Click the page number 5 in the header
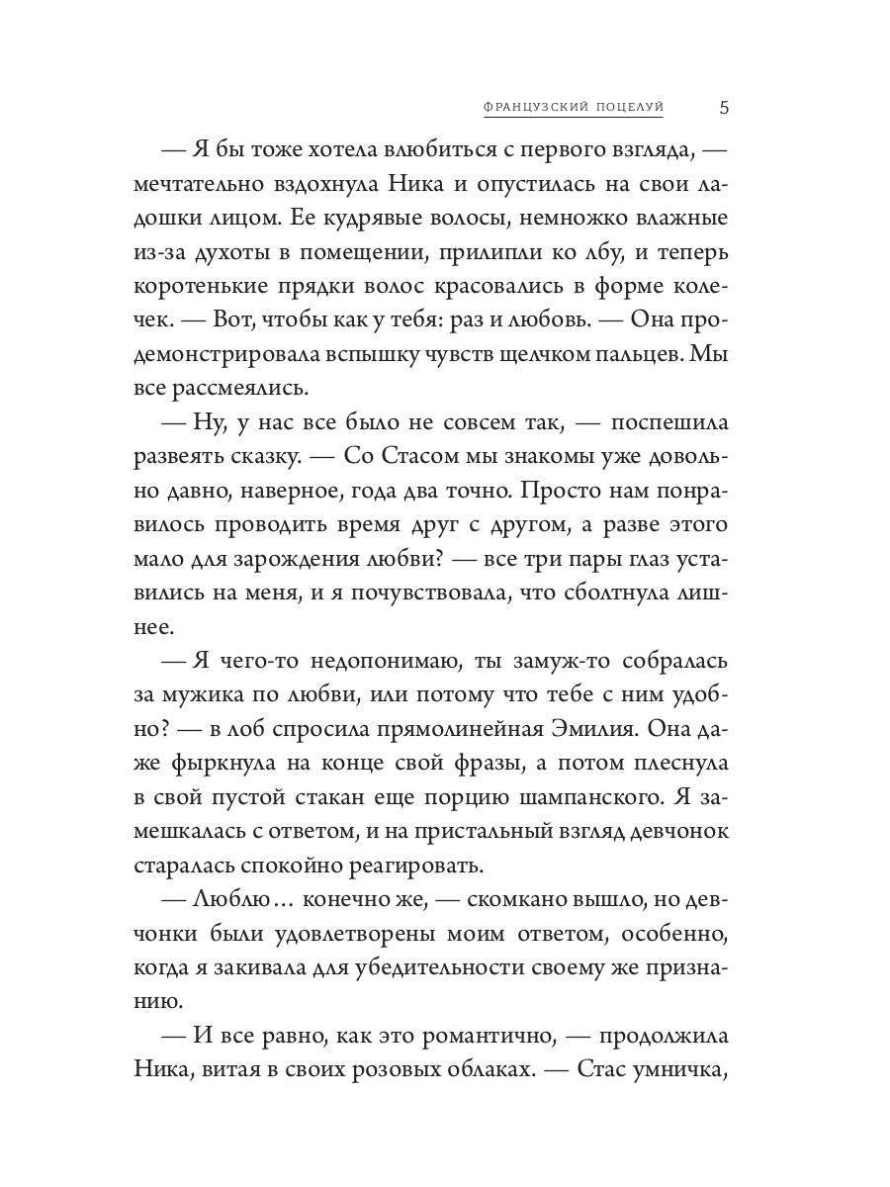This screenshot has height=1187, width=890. point(724,107)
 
